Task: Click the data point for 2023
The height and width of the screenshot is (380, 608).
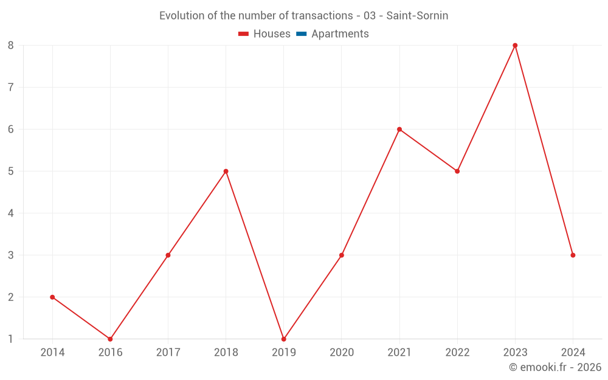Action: tap(515, 46)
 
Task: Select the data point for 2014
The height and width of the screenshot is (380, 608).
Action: tap(52, 297)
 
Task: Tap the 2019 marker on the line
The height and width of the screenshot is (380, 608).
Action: tap(283, 339)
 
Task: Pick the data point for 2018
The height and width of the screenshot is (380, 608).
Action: tap(226, 171)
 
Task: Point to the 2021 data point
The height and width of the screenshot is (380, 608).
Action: tap(399, 130)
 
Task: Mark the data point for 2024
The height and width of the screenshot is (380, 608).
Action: tap(573, 255)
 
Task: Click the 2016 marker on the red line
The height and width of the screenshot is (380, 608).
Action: tap(110, 339)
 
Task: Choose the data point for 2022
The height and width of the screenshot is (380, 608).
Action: tap(457, 171)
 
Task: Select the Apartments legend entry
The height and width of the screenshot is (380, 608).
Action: tap(340, 34)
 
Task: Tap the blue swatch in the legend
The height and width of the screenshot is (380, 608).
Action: tap(301, 34)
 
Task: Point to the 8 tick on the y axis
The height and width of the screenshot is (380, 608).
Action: tap(11, 46)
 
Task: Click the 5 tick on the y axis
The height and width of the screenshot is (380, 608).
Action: tap(11, 171)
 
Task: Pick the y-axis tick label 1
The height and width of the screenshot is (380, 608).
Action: tap(11, 339)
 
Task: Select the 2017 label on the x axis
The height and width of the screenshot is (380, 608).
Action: tap(168, 352)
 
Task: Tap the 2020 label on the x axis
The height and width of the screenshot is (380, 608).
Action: tap(341, 352)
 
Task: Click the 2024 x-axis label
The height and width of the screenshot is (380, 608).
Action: tap(573, 352)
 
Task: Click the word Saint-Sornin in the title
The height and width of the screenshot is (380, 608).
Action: tap(417, 16)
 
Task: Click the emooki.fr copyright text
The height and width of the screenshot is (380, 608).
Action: tap(554, 367)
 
